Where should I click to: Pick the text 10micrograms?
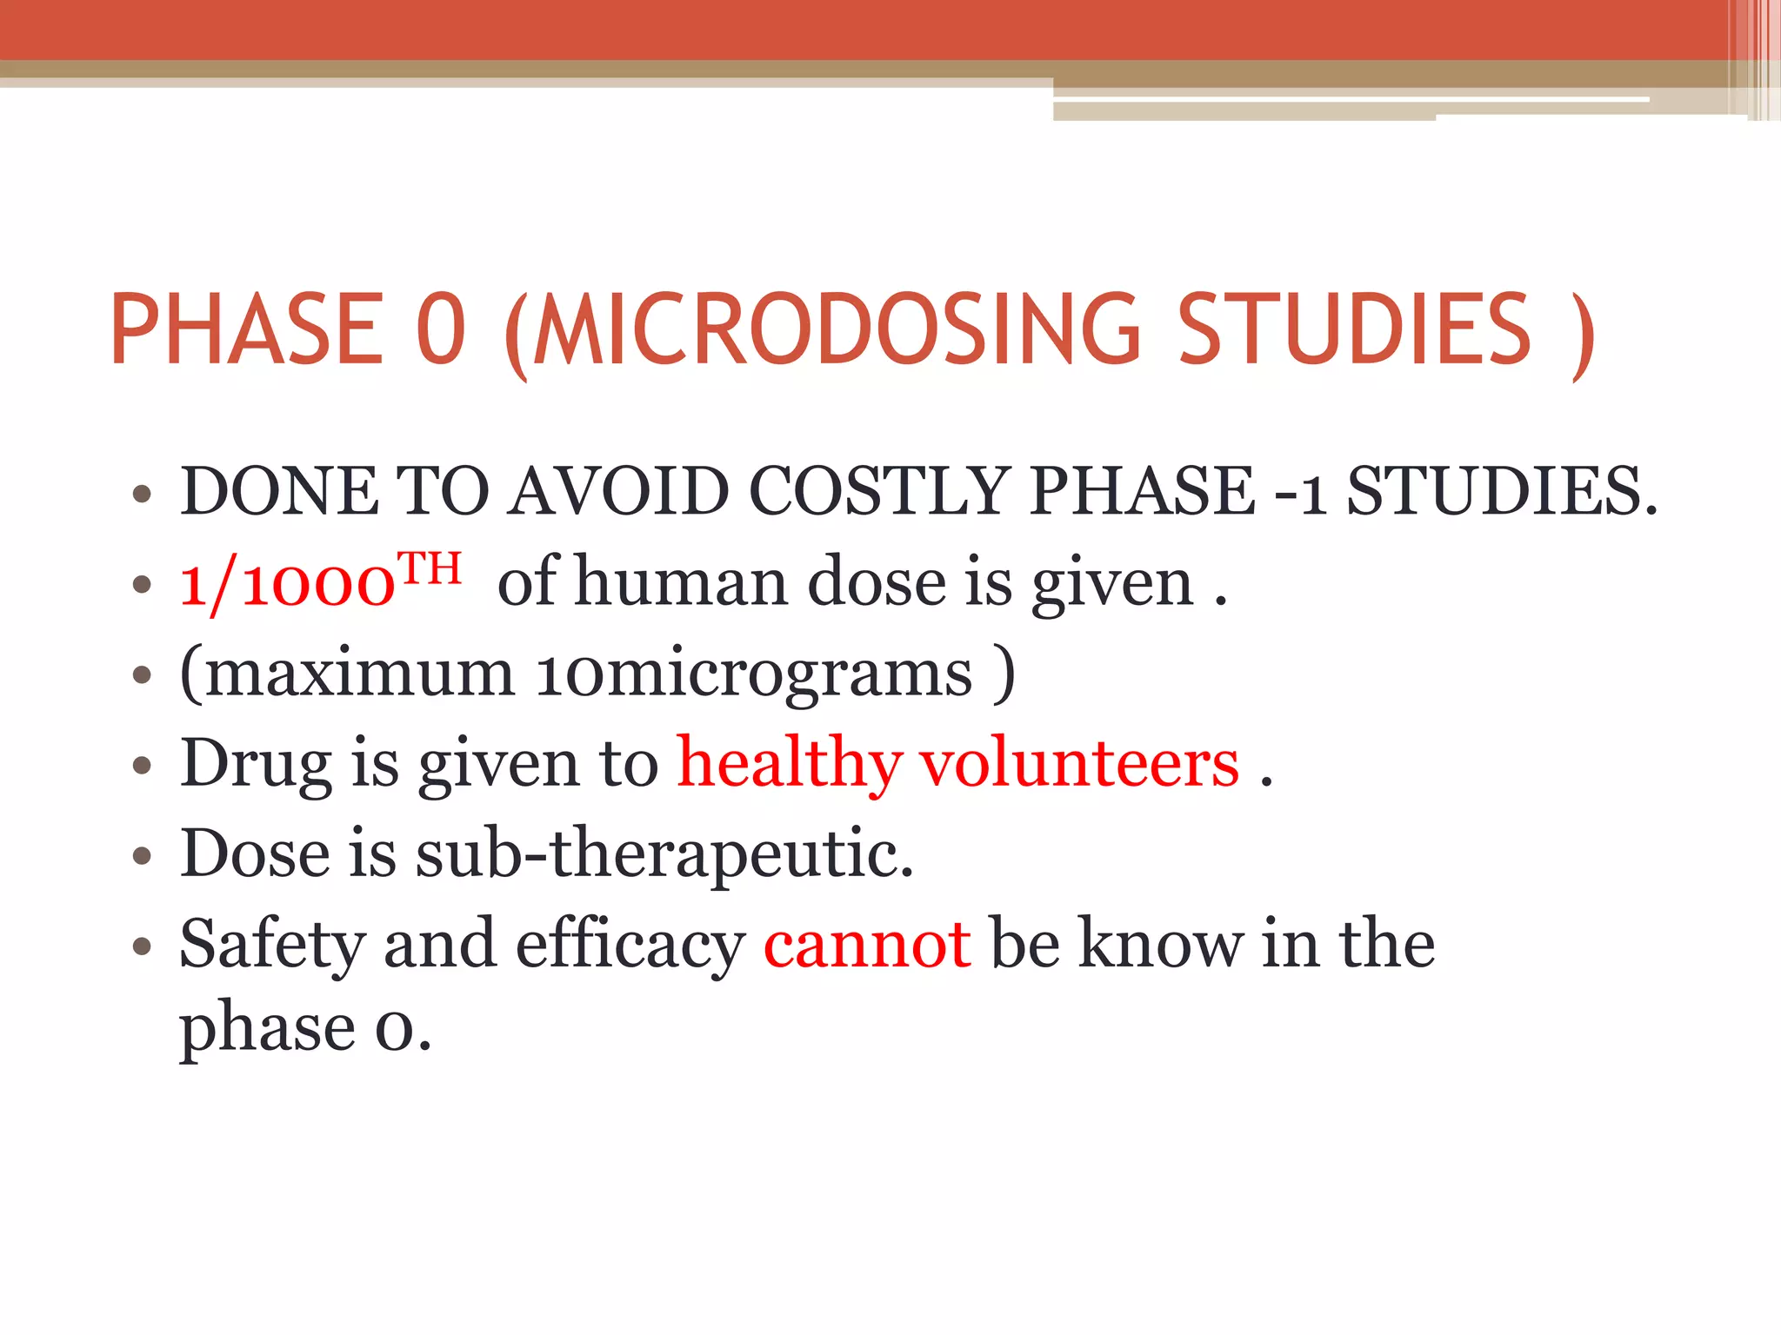tap(753, 674)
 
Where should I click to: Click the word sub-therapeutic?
tap(664, 854)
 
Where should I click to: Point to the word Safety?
tap(271, 946)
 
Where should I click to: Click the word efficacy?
tap(630, 946)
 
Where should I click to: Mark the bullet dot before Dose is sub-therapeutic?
tap(143, 857)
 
